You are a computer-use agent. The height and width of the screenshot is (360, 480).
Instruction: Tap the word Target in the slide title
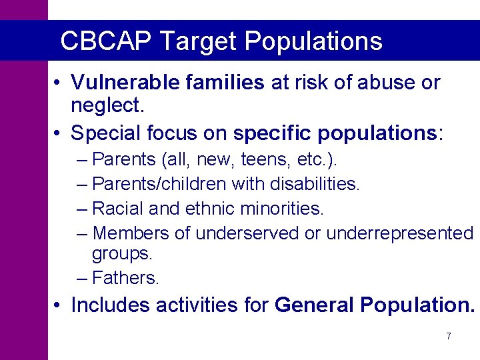coord(198,41)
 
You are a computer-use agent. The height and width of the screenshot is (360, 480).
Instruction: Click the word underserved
coord(244,233)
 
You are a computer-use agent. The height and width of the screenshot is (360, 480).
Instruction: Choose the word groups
coord(122,254)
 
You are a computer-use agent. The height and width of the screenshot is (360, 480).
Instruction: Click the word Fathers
coord(126,277)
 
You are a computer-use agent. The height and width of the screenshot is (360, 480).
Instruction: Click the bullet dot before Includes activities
coord(59,305)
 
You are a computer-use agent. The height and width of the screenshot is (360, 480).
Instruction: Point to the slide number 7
coord(449,337)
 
